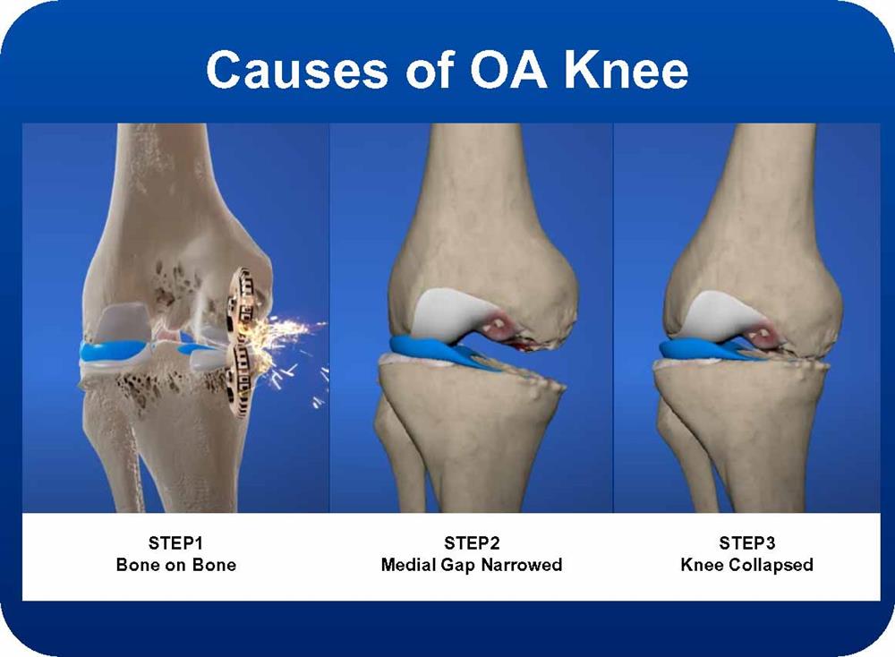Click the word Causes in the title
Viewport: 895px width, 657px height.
(x=297, y=70)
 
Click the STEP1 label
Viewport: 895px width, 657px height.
(x=175, y=542)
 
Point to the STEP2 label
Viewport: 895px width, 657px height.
(x=472, y=542)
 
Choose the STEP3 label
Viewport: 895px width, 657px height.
(x=746, y=542)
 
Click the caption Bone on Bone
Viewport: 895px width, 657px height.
(x=175, y=565)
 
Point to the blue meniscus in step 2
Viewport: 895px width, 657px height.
(x=439, y=352)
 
